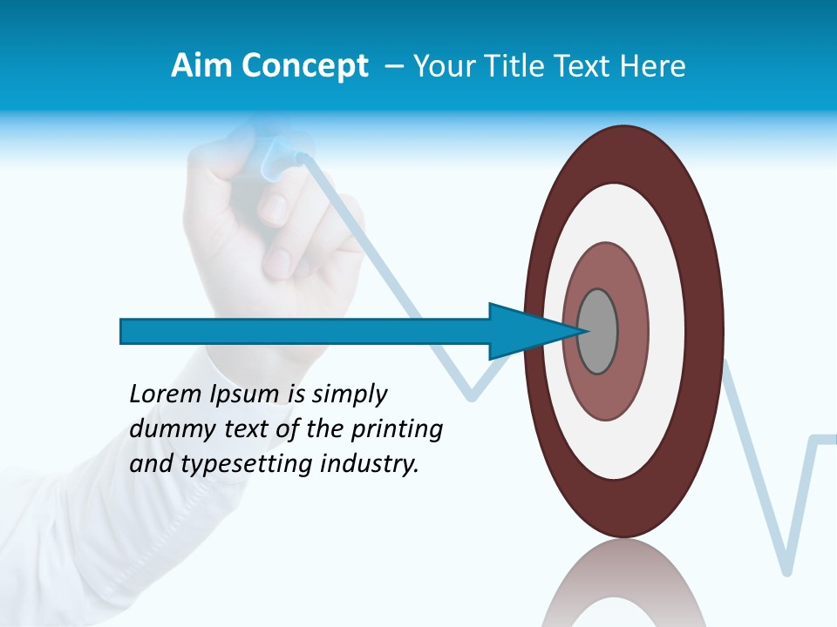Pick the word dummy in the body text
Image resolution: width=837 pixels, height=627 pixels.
pos(169,429)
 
